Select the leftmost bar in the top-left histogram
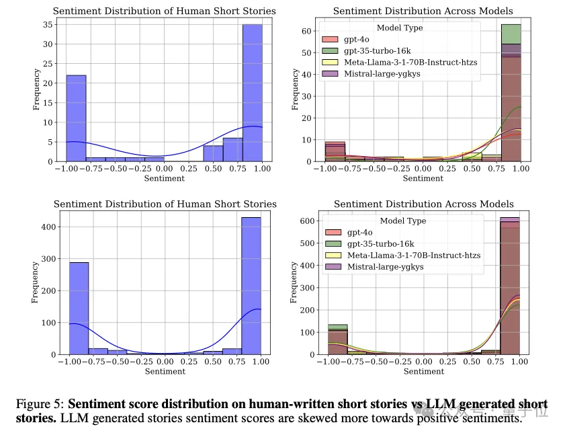(x=75, y=118)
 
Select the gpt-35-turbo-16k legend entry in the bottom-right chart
(x=380, y=243)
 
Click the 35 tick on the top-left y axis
(x=48, y=25)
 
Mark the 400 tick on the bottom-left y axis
(x=45, y=227)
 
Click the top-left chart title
(x=164, y=11)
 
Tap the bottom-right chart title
(x=423, y=204)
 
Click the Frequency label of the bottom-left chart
(x=36, y=282)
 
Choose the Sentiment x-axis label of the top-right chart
(x=423, y=179)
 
